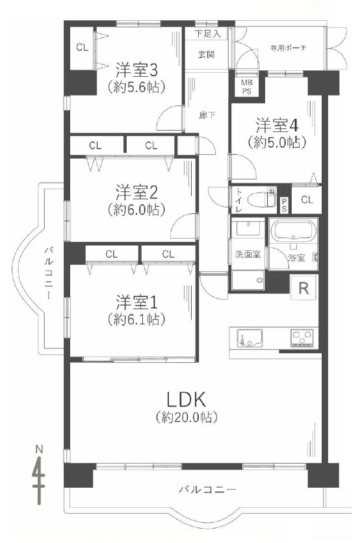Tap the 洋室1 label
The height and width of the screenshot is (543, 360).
(x=138, y=302)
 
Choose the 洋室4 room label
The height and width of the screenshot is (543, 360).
(x=276, y=123)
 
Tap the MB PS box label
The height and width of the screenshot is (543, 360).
(x=248, y=86)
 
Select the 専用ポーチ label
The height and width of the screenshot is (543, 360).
(x=289, y=47)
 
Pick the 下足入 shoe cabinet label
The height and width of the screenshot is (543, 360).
(x=208, y=33)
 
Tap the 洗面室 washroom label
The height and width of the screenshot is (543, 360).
(x=248, y=254)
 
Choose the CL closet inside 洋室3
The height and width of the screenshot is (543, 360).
(x=82, y=47)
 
